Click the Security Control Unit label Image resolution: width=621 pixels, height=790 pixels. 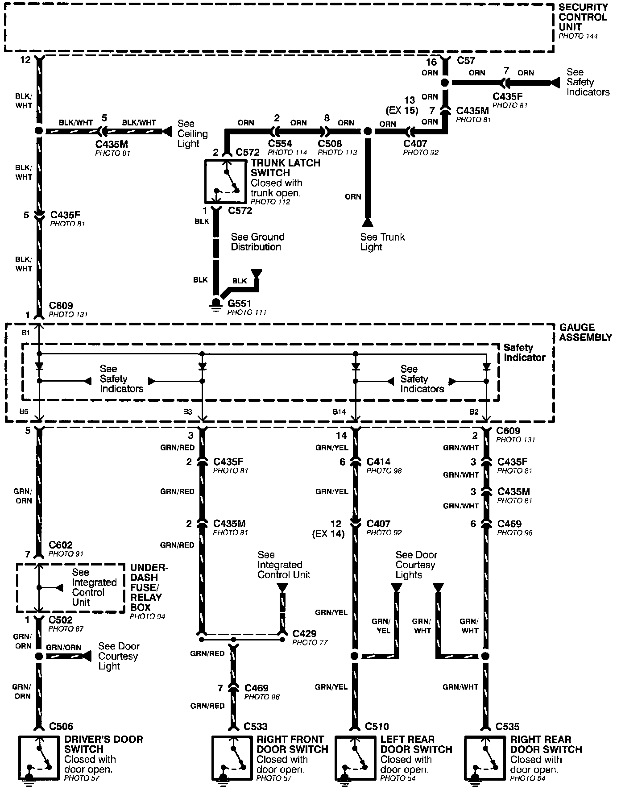(583, 17)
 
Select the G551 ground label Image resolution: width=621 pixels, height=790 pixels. (240, 304)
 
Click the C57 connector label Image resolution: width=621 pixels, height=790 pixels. (466, 60)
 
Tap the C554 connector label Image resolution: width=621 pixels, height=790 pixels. (280, 144)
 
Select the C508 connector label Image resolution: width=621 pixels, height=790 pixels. (330, 144)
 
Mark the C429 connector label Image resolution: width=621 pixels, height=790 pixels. (304, 633)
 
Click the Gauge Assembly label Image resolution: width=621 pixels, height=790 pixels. (585, 332)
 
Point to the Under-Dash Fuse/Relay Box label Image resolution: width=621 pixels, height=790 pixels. (149, 587)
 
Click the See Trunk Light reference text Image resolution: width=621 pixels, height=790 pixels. (382, 242)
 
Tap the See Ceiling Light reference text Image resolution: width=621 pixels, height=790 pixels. (192, 133)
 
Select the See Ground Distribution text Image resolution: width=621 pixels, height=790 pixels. (257, 242)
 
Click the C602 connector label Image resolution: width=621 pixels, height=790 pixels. (60, 545)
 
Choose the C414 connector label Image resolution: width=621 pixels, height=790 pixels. (378, 462)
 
